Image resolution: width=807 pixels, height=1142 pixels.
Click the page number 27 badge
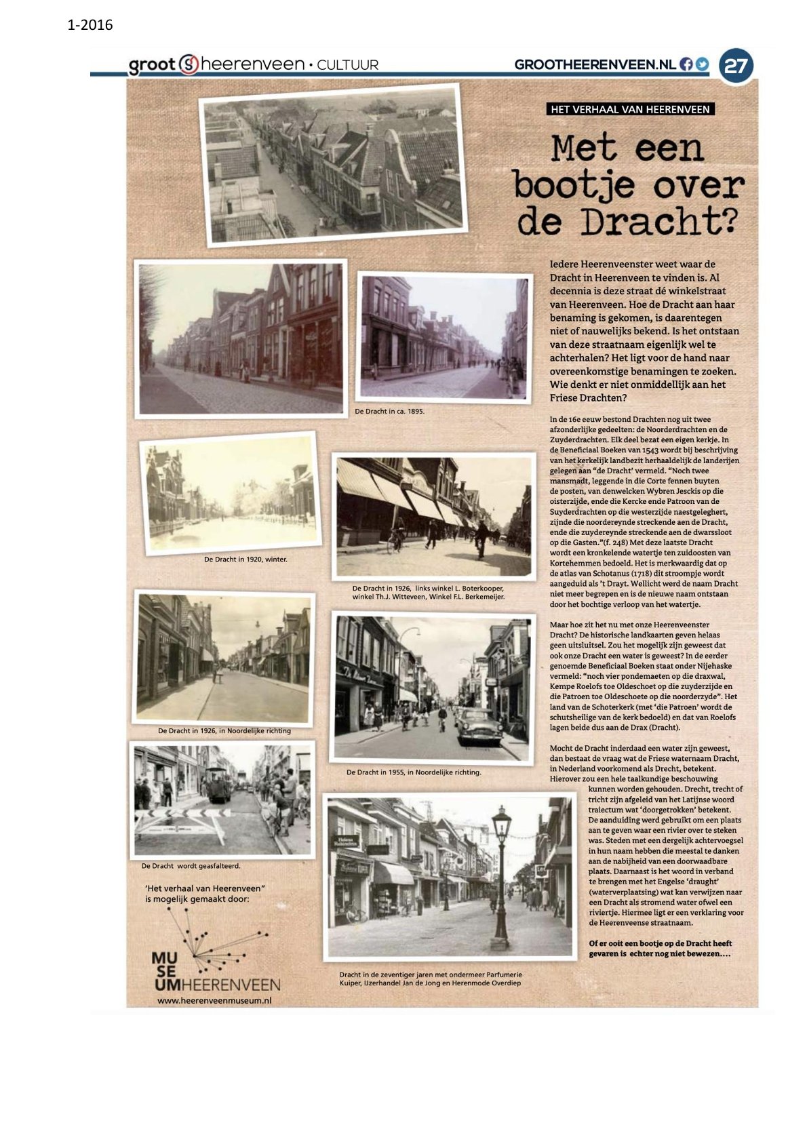click(x=736, y=66)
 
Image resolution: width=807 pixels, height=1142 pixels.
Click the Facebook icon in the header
click(x=686, y=64)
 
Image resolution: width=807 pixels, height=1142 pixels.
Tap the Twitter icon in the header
click(x=701, y=64)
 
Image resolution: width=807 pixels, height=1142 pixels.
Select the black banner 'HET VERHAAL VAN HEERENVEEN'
click(x=630, y=109)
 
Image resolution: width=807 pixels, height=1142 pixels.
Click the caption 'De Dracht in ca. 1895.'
click(x=390, y=411)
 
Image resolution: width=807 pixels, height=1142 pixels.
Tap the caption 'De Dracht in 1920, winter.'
click(x=245, y=559)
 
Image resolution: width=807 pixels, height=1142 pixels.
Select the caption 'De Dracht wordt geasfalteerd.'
click(x=191, y=866)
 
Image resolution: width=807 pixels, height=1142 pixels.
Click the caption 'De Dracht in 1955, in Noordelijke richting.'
click(x=414, y=772)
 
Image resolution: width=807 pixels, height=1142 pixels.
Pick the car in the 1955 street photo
click(x=479, y=727)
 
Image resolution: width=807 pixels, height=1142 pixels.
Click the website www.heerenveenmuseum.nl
click(x=214, y=1000)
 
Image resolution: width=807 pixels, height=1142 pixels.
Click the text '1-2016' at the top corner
click(x=90, y=26)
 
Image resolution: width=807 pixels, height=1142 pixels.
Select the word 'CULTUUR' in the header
click(x=348, y=65)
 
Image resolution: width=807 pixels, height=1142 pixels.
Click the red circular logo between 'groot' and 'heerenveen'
click(x=189, y=64)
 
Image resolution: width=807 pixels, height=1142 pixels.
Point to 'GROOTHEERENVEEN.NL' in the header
click(x=595, y=64)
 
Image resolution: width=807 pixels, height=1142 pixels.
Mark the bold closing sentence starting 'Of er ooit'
click(x=660, y=948)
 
